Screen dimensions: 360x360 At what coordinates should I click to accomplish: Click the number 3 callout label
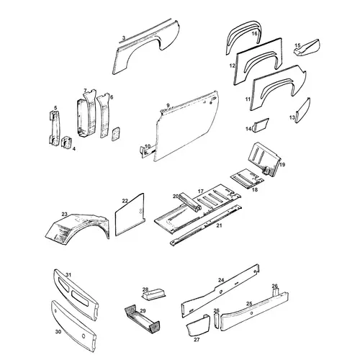coord(124,38)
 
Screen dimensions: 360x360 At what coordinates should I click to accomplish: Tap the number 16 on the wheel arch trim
coord(255,34)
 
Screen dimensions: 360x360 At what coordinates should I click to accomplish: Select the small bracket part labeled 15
coord(307,48)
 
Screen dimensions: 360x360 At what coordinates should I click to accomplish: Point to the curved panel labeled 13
coord(303,110)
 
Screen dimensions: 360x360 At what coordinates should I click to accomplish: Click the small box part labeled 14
coord(260,125)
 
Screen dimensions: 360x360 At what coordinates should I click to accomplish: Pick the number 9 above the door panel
coord(168,105)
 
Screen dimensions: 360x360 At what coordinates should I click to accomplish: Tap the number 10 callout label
coord(148,146)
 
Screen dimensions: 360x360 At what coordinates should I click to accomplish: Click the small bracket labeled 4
coord(66,142)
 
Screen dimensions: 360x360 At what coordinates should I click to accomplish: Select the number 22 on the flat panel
coord(125,201)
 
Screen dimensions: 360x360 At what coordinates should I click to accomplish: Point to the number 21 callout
coord(219,225)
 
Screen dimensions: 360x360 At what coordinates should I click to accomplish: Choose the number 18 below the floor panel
coord(255,189)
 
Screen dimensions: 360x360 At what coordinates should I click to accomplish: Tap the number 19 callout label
coord(282,165)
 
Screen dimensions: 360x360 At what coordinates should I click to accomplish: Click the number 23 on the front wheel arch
coord(64,214)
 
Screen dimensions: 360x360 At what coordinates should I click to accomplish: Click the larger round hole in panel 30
coord(84,336)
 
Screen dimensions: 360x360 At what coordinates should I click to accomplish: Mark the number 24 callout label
coord(221,280)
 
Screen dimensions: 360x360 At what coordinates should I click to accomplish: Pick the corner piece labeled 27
coord(197,325)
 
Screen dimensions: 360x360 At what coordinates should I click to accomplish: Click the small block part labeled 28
coord(153,294)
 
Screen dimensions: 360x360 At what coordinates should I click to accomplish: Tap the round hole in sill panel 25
coord(251,313)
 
